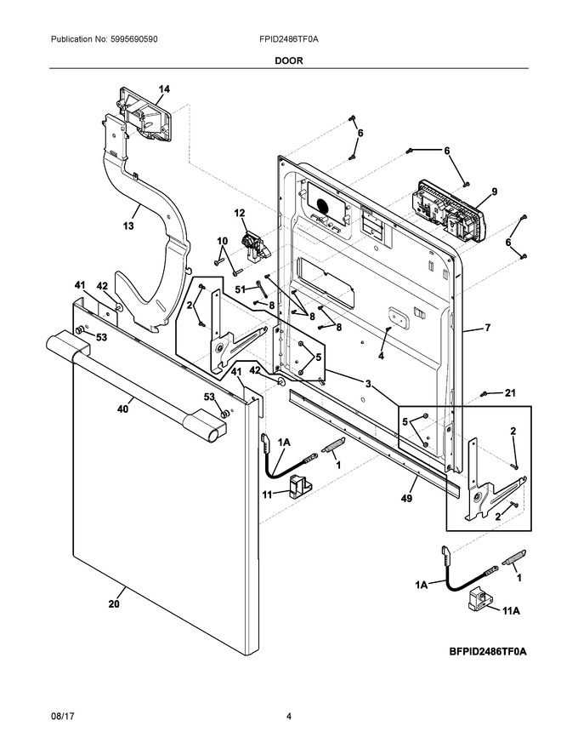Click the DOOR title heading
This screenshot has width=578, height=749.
tap(289, 60)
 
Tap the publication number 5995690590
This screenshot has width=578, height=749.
tap(133, 39)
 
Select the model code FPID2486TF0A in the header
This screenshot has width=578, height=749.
tap(289, 39)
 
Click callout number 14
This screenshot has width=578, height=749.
tap(164, 89)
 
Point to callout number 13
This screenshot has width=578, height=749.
tap(128, 226)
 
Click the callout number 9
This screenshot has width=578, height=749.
tap(495, 192)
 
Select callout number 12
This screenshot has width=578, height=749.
tap(240, 213)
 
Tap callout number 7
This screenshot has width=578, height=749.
tap(487, 328)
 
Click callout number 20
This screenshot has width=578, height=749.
tap(114, 603)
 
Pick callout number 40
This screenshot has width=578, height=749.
tap(122, 409)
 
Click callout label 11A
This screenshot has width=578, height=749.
tap(511, 610)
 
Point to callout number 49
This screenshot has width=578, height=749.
tap(406, 498)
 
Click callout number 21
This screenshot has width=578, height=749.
tap(510, 392)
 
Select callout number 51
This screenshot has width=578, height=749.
tap(241, 289)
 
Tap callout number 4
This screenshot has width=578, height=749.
tap(381, 356)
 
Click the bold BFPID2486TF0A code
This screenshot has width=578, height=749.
tap(487, 651)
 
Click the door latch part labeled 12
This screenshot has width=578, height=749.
tap(254, 246)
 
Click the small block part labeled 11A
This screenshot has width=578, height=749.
tap(479, 597)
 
